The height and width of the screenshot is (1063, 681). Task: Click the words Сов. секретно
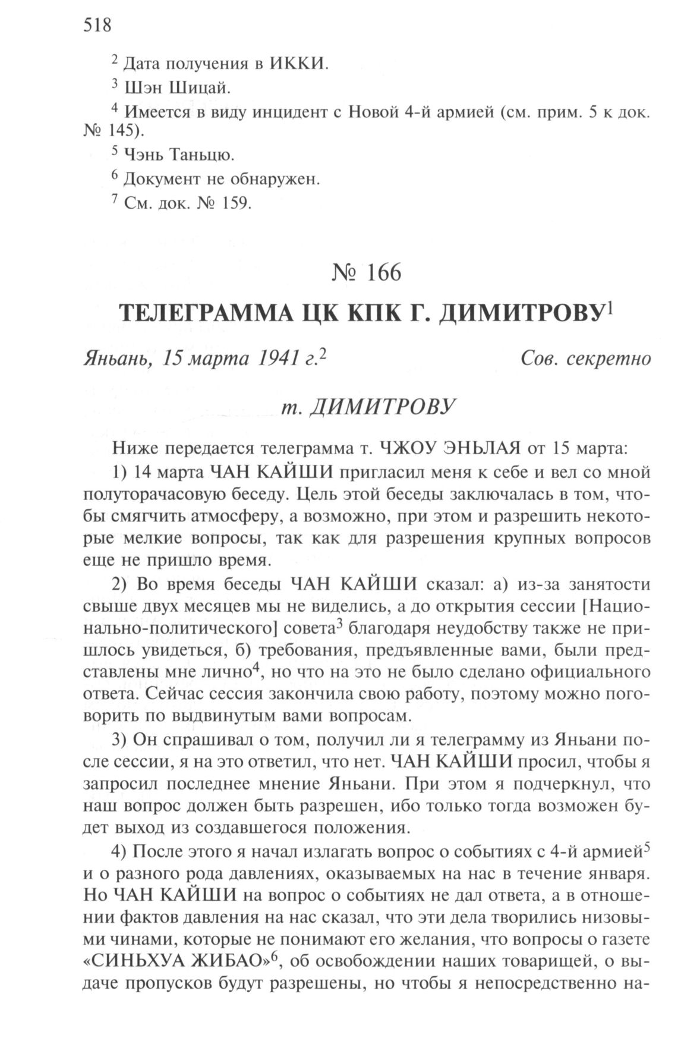(x=585, y=358)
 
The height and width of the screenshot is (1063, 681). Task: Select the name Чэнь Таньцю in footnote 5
(x=179, y=155)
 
